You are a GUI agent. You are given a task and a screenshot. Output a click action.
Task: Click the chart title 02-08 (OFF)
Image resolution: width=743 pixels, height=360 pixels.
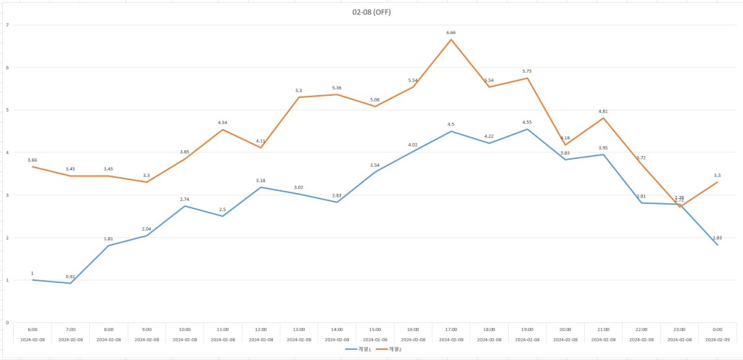(371, 12)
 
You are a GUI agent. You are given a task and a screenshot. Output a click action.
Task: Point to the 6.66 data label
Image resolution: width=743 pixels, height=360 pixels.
(451, 33)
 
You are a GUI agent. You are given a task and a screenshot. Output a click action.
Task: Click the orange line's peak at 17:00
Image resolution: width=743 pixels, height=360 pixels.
(451, 39)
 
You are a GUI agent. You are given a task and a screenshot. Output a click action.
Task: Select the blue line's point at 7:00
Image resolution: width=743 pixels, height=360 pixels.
(70, 283)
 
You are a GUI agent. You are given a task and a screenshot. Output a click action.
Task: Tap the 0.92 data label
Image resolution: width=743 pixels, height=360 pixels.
(70, 277)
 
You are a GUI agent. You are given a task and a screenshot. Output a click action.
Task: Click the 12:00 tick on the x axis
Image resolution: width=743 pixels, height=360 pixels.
(261, 329)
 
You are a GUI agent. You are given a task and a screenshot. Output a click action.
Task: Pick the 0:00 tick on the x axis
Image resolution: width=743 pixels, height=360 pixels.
(718, 329)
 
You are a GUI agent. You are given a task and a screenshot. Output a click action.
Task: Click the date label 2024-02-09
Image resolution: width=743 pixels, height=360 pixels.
(718, 339)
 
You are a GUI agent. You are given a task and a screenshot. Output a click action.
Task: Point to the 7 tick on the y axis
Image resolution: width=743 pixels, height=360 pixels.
(7, 25)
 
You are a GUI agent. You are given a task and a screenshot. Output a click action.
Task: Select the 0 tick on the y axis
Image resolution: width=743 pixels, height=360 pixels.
(7, 322)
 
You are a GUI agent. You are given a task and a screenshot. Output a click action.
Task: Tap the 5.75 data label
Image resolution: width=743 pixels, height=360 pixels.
(528, 71)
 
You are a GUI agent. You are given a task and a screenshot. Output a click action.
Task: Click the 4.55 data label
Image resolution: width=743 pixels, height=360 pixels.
(528, 122)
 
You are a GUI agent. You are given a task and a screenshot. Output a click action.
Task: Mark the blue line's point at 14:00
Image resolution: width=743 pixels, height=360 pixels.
(337, 202)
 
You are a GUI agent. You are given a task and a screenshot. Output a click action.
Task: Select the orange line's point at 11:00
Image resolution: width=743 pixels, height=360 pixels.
(223, 130)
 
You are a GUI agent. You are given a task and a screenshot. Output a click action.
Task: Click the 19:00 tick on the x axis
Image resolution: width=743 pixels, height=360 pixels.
(528, 329)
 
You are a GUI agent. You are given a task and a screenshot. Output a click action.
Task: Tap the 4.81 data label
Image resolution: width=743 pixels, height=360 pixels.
(604, 111)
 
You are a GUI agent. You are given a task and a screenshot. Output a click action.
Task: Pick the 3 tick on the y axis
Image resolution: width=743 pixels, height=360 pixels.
(7, 195)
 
